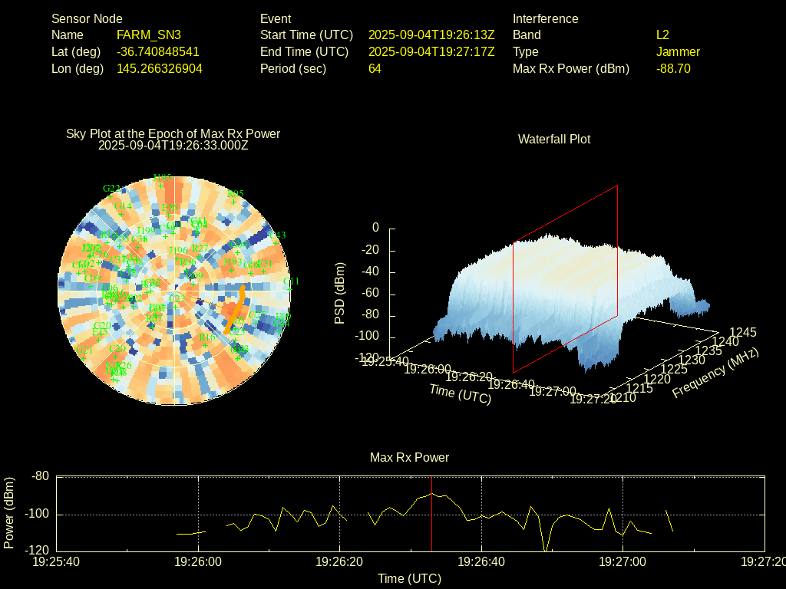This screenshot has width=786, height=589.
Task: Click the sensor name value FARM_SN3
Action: [149, 35]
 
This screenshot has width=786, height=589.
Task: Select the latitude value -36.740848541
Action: [158, 52]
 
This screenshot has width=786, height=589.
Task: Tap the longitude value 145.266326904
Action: [160, 69]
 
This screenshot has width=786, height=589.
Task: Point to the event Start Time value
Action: [431, 35]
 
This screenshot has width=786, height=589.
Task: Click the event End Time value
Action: [431, 52]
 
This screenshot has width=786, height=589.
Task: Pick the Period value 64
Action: [375, 69]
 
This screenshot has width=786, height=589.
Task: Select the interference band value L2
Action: [662, 35]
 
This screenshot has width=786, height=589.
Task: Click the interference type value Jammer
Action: [678, 52]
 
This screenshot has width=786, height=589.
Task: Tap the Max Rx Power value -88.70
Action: [673, 69]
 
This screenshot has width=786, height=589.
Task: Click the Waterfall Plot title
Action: [554, 140]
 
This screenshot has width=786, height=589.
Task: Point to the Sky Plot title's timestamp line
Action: [173, 145]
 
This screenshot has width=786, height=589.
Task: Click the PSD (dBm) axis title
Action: [339, 293]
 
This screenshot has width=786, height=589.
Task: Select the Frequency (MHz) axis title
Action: [715, 372]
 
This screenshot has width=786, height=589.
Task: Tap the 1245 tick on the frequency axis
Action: [743, 332]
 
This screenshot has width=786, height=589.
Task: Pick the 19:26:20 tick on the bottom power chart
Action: [340, 562]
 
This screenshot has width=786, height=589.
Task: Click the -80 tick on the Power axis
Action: [40, 476]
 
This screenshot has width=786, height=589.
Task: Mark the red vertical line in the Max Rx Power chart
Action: [431, 522]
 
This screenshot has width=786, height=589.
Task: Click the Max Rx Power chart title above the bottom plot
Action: [409, 458]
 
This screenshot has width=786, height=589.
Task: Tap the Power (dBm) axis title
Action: [9, 513]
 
